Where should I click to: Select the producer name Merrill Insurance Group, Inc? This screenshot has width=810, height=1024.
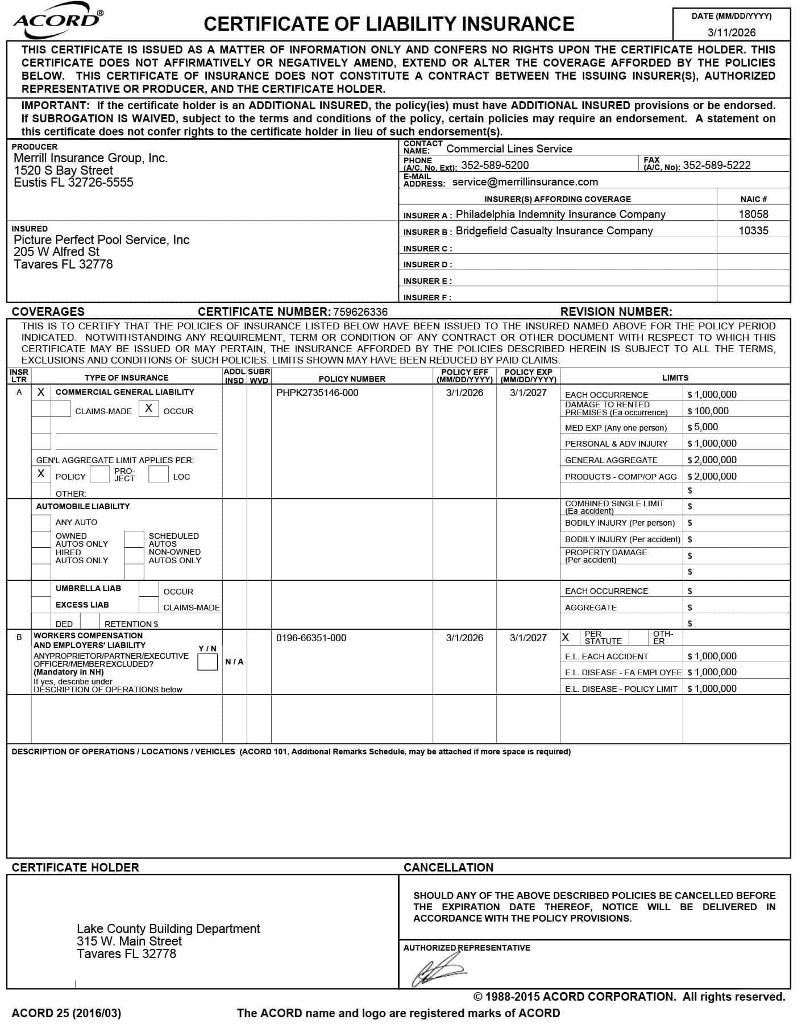click(x=90, y=158)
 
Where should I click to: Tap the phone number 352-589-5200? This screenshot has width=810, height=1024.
click(x=495, y=165)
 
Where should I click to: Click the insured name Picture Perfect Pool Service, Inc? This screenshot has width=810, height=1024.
click(x=101, y=240)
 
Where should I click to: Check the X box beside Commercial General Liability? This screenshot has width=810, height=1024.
click(x=41, y=393)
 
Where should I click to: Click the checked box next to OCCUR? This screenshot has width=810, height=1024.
click(x=148, y=408)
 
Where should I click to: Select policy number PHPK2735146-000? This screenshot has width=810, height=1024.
click(x=317, y=393)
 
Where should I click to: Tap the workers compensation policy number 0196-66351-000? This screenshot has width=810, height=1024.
click(x=311, y=638)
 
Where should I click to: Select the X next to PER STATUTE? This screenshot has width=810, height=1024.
click(x=566, y=638)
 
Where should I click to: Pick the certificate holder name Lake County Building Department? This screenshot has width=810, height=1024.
click(x=168, y=929)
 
